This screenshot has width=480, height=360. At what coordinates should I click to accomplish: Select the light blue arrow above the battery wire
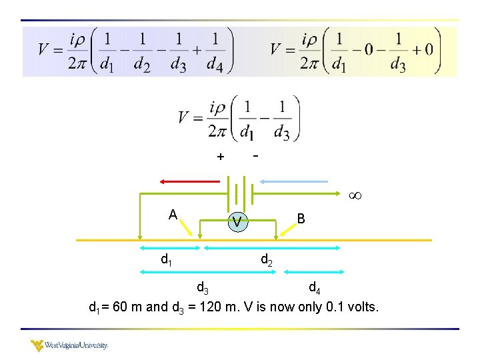coord(294,181)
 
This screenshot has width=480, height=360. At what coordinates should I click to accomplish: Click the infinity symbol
coord(355,196)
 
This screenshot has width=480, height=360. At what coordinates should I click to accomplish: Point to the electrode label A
coord(173,215)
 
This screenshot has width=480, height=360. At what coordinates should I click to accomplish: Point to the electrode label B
coord(301,218)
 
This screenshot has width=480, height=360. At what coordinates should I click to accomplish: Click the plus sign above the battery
coord(220,157)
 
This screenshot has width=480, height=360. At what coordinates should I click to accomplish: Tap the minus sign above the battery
coord(255,155)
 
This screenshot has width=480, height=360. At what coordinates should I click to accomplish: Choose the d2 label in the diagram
coord(266,259)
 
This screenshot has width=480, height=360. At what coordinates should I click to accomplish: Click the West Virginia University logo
coord(69,345)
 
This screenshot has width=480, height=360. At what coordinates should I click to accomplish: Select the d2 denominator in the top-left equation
coord(141,65)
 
